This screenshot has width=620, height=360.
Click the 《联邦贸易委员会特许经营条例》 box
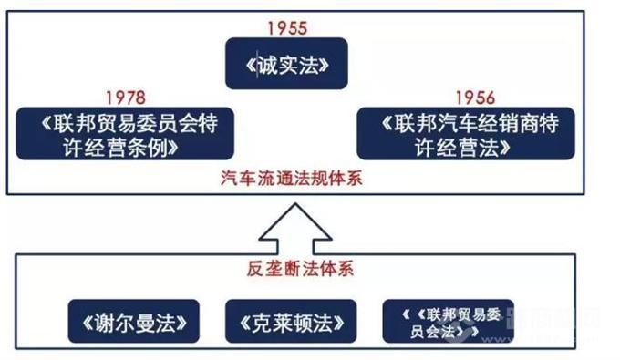pos(126,133)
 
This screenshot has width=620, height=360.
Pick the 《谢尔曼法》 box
pos(133,321)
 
